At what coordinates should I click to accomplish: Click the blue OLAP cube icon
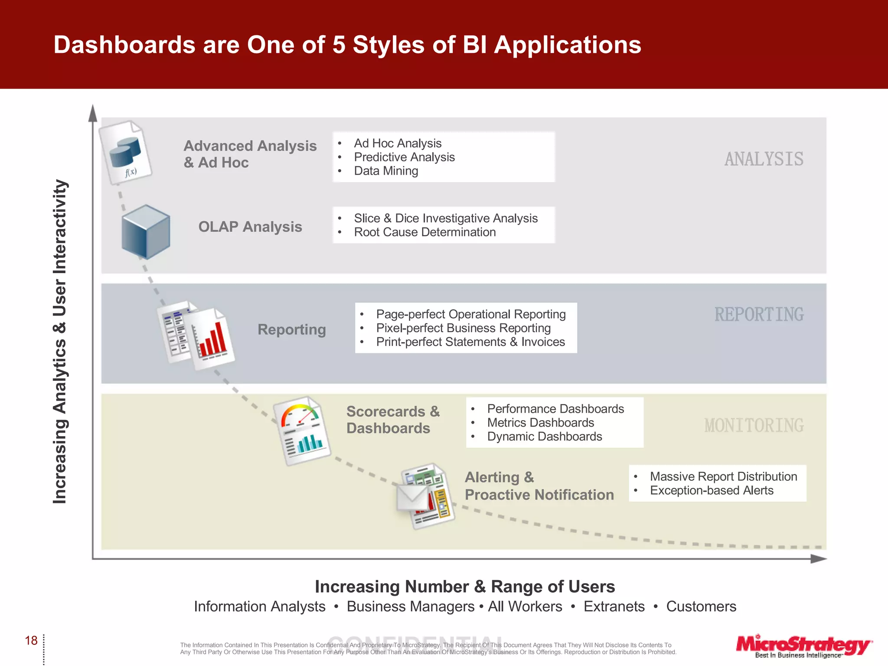click(x=146, y=232)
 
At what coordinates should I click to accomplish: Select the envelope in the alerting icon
click(x=412, y=497)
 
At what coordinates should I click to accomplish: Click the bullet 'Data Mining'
click(x=386, y=171)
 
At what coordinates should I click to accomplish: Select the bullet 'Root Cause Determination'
click(x=424, y=232)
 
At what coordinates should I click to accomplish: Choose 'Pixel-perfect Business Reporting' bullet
click(x=463, y=328)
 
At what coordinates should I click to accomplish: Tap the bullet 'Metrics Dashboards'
click(x=540, y=422)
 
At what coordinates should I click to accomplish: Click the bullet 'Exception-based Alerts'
click(x=711, y=490)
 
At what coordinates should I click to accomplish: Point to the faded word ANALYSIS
click(x=764, y=159)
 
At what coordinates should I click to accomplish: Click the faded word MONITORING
click(x=754, y=425)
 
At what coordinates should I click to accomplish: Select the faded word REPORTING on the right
click(x=759, y=314)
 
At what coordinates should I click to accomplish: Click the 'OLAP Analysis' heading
click(x=250, y=227)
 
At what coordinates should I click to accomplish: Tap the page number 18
click(x=31, y=640)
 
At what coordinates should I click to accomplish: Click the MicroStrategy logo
click(x=803, y=645)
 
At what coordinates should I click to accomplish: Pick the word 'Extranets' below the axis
click(x=614, y=606)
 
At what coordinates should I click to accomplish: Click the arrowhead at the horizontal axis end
click(x=818, y=559)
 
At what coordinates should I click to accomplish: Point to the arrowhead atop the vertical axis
click(x=93, y=114)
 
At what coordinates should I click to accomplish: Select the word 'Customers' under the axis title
click(x=701, y=606)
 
